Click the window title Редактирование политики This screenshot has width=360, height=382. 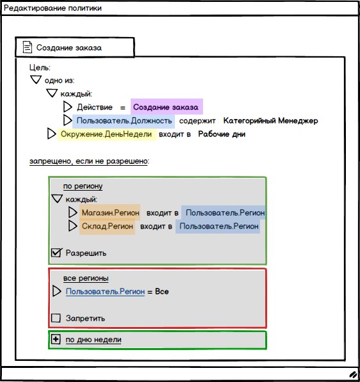point(53,8)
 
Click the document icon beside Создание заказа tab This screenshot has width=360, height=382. point(28,47)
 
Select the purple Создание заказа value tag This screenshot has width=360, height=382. point(167,107)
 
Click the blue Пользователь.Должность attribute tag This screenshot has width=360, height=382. point(124,120)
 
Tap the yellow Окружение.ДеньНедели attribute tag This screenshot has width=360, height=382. point(107,134)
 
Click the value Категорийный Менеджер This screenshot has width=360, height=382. point(270,120)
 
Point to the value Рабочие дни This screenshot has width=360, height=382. point(222,134)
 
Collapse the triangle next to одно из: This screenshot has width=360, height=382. point(36,80)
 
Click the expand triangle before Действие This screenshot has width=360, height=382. point(67,107)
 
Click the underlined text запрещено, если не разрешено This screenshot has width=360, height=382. point(88,161)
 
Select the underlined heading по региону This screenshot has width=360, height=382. point(83,186)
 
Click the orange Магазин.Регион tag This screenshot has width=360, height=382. point(110,212)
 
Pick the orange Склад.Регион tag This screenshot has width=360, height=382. point(107,227)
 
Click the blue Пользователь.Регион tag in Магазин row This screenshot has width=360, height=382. point(223,212)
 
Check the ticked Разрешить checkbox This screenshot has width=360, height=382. point(56,253)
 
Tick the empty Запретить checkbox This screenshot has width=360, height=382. point(56,318)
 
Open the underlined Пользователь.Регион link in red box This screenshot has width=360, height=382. point(105,292)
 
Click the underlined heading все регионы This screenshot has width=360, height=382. point(86,278)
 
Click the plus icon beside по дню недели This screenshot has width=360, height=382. point(56,339)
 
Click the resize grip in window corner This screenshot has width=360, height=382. point(353,374)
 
